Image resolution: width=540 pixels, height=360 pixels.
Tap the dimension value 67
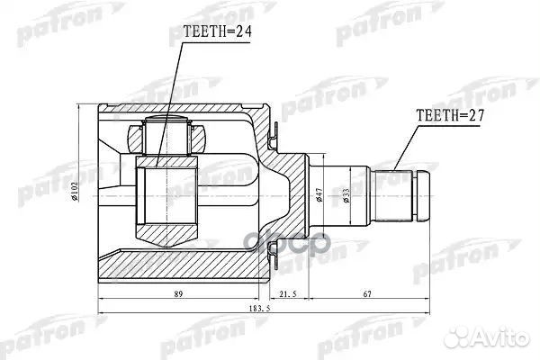pyautogui.click(x=369, y=293)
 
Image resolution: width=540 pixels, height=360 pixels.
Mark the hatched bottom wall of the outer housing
pyautogui.click(x=180, y=265)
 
